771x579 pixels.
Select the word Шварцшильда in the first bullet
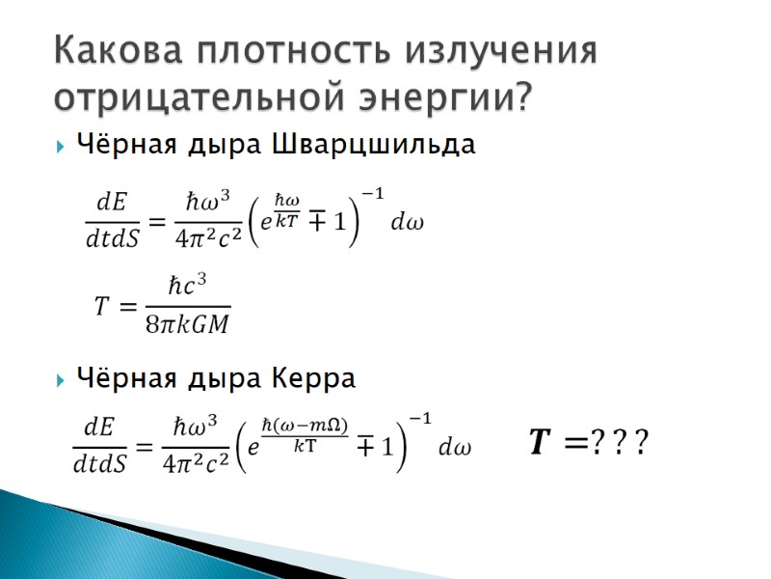375,146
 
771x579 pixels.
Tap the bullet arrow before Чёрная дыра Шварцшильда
60,147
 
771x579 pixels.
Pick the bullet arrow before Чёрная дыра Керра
60,379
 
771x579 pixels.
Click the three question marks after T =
619,444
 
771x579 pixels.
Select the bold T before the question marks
541,443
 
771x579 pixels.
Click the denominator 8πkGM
187,324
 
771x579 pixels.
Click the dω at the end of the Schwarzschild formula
408,222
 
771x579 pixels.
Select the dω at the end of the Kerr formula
455,448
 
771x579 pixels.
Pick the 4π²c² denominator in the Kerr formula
195,466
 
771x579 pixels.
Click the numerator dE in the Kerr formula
99,427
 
